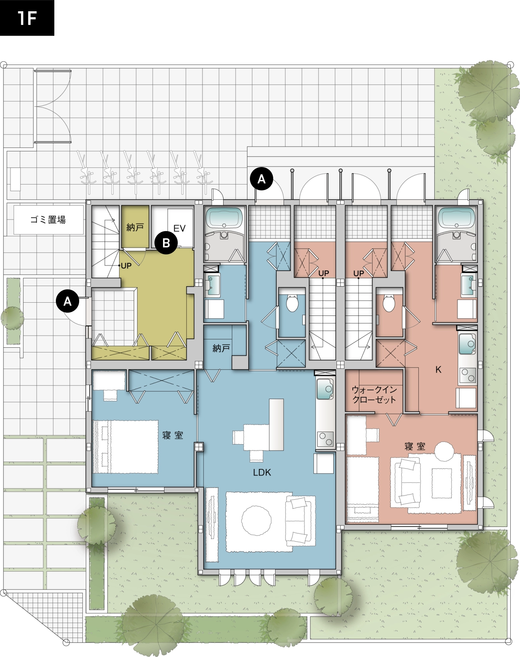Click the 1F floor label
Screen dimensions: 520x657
pyautogui.click(x=27, y=18)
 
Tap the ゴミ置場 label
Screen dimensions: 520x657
pyautogui.click(x=48, y=220)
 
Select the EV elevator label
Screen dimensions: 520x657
pyautogui.click(x=179, y=228)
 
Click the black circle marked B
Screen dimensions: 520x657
pyautogui.click(x=166, y=243)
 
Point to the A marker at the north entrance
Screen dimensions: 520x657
pyautogui.click(x=262, y=179)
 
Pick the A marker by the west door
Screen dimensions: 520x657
pyautogui.click(x=68, y=301)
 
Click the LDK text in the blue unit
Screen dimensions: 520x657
pyautogui.click(x=262, y=472)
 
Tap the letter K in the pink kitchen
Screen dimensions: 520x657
pyautogui.click(x=438, y=369)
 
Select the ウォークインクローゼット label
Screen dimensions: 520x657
pyautogui.click(x=374, y=394)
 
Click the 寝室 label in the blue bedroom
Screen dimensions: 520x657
pyautogui.click(x=173, y=435)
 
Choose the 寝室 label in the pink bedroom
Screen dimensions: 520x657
pyautogui.click(x=415, y=446)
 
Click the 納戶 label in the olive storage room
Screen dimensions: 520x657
pyautogui.click(x=135, y=227)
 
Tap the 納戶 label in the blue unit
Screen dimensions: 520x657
pyautogui.click(x=221, y=348)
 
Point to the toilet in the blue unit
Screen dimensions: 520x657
pyautogui.click(x=292, y=303)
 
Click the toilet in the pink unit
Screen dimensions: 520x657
pyautogui.click(x=388, y=303)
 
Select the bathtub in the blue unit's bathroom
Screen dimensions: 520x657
pyautogui.click(x=224, y=218)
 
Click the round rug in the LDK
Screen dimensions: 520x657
pyautogui.click(x=256, y=521)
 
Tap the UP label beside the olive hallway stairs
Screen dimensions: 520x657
pyautogui.click(x=126, y=266)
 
